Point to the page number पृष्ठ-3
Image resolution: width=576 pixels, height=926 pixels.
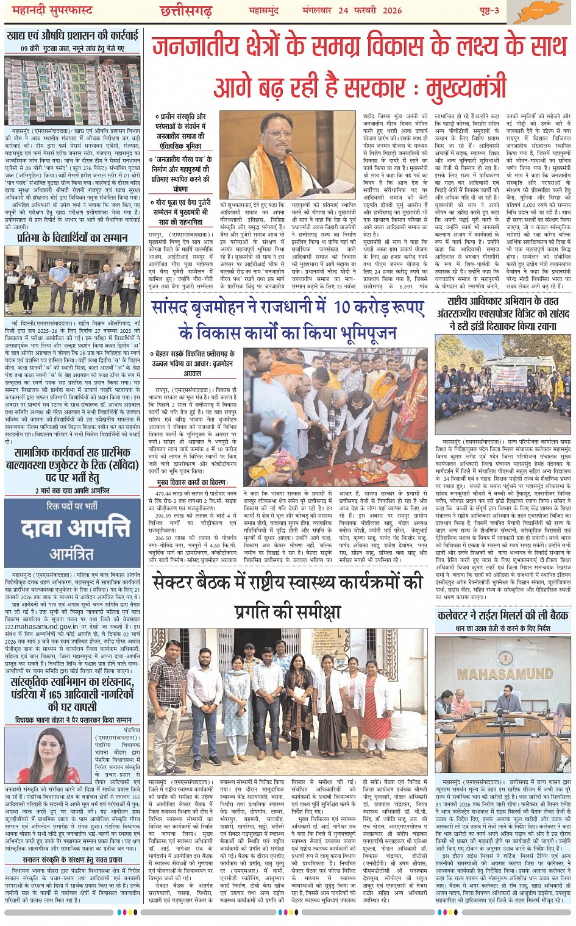pos(488,11)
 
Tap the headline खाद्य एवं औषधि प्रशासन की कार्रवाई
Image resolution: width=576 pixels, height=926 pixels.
pos(73,35)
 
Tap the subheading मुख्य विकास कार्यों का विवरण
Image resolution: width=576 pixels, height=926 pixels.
pos(194,482)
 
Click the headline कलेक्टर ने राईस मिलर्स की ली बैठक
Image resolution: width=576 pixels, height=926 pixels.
pos(503,615)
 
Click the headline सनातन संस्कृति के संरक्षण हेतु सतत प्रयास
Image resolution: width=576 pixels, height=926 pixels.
pos(72,860)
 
